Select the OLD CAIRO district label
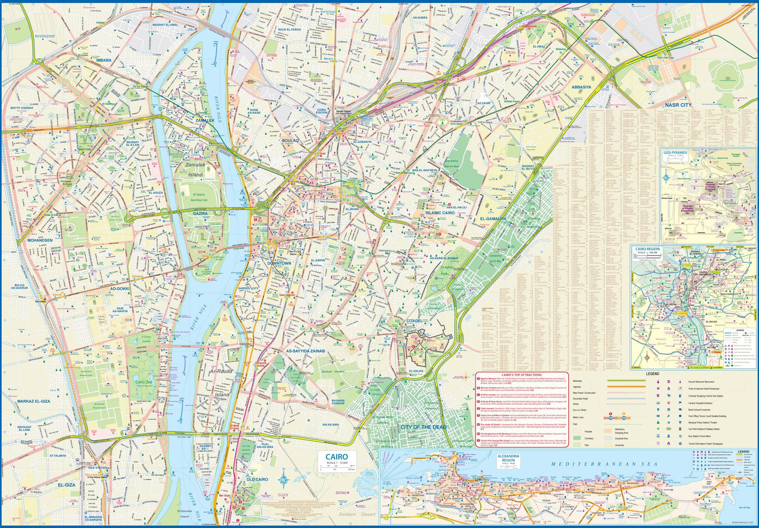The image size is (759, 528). click(257, 479)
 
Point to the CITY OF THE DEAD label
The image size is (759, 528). click(423, 427)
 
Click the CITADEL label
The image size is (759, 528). click(414, 321)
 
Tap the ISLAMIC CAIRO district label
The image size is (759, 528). click(440, 213)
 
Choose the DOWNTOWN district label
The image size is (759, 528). click(279, 263)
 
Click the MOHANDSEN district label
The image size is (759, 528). click(39, 240)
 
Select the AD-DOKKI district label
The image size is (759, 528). click(119, 289)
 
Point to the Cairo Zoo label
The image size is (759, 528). click(144, 382)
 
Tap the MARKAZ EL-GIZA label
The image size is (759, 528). click(33, 401)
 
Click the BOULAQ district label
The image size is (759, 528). click(290, 140)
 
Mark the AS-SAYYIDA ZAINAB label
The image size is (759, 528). click(305, 351)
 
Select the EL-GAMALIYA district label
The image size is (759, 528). click(493, 219)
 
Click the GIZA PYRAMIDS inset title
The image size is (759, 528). click(676, 152)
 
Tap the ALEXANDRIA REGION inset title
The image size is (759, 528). click(508, 458)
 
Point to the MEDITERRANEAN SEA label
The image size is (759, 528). click(604, 464)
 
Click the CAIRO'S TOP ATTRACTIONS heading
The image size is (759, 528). click(521, 375)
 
